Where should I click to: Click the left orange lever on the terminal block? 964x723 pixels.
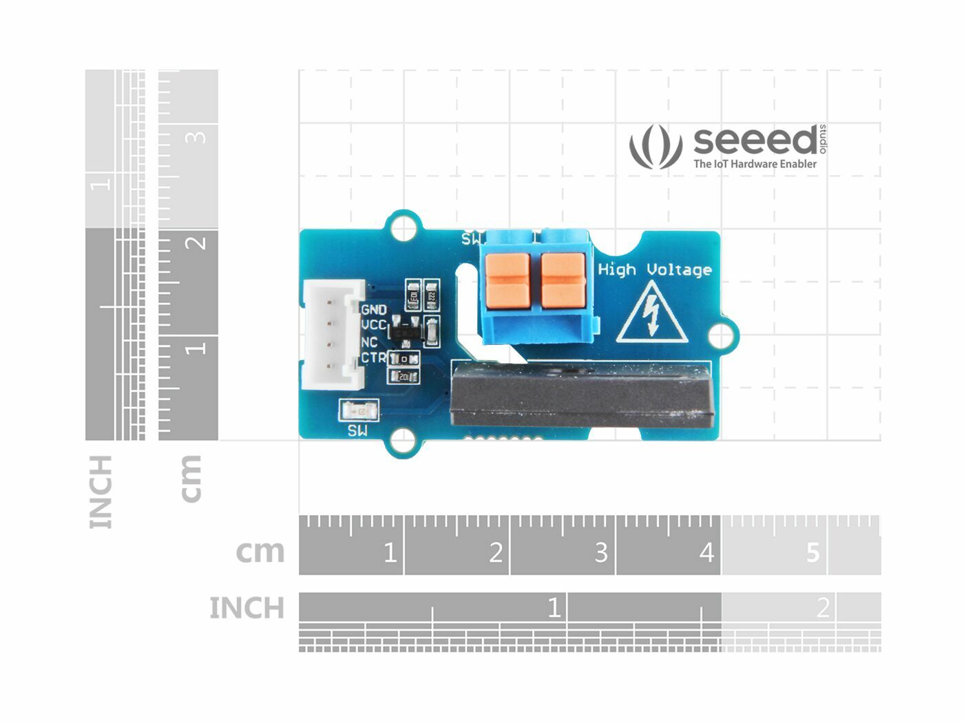tap(507, 280)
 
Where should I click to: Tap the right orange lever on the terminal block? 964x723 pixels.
tap(563, 280)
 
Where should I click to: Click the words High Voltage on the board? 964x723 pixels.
tap(654, 269)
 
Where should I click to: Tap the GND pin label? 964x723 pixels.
tap(374, 310)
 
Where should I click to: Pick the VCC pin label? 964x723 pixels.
tap(374, 325)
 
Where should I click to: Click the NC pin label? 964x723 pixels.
tap(369, 342)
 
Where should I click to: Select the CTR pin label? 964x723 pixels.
tap(374, 357)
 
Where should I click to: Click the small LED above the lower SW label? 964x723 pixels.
tap(358, 412)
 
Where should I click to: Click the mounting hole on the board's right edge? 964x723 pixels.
tap(720, 336)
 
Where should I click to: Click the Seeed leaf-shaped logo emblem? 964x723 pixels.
tap(655, 146)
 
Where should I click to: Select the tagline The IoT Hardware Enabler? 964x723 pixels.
tap(755, 164)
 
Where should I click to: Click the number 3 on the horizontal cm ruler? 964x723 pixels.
tap(600, 552)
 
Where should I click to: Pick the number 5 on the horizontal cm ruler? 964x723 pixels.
tap(813, 552)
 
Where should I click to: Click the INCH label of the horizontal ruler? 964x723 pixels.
tap(247, 608)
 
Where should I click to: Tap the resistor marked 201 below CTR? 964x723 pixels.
tap(404, 376)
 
